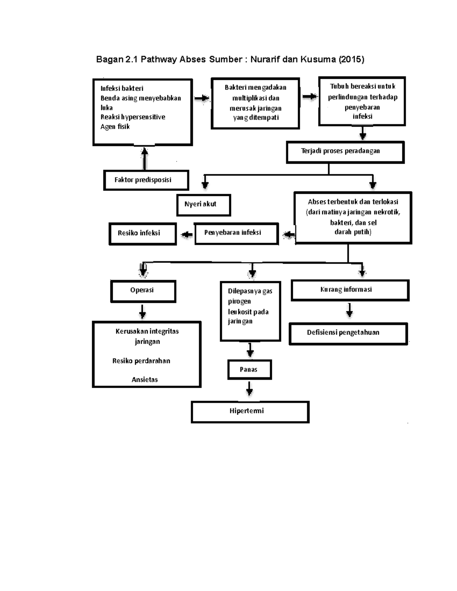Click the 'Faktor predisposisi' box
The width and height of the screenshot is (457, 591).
146,180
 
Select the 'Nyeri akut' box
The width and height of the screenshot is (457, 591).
203,205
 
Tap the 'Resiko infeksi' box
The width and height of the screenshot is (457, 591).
142,233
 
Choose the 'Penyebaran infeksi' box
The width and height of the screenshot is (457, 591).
236,233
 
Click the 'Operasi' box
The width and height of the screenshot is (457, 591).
143,291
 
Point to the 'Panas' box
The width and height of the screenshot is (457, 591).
249,370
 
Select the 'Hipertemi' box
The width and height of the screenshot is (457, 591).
250,411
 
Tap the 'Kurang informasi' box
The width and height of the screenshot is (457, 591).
350,290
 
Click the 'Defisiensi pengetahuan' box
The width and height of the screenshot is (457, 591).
348,333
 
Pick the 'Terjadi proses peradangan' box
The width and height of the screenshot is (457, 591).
345,152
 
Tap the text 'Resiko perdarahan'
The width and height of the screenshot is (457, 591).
141,361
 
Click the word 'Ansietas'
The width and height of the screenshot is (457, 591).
145,379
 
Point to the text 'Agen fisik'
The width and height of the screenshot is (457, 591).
115,127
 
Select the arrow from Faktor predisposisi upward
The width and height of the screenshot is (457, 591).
145,158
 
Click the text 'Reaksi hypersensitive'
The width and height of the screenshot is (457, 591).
133,117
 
